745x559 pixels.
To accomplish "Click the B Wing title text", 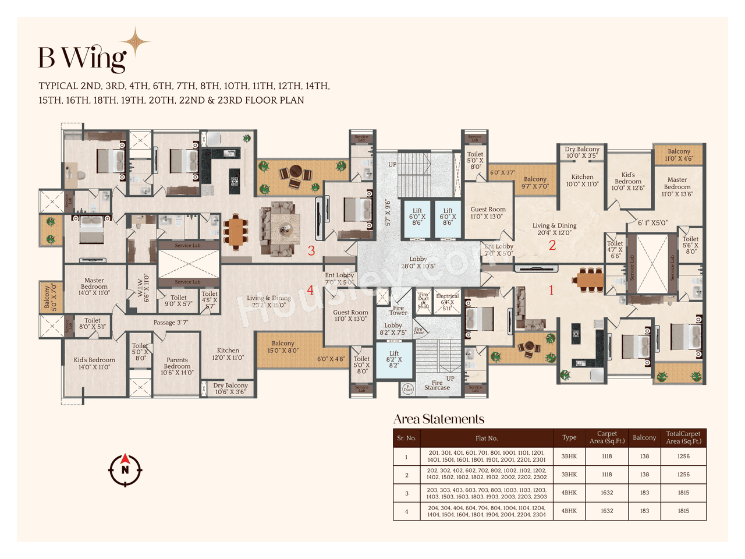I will coord(82,57).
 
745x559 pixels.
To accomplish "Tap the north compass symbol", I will coord(125,469).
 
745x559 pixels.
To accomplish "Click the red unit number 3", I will coord(311,251).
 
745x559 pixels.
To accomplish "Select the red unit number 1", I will coord(551,289).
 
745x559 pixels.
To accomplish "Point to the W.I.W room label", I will coord(143,288).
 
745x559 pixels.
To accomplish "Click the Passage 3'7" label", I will coord(171,323).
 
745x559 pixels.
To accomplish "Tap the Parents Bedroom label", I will coord(177,366).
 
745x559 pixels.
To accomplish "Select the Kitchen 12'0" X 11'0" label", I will coord(228,354).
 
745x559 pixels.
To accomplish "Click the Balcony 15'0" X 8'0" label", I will coord(283,347).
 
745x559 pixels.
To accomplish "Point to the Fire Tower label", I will coord(399,310).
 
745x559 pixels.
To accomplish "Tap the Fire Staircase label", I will coord(437,385).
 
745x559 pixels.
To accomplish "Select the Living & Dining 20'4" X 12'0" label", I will coord(555,229).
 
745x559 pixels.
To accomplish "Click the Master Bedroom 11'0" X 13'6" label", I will coord(677,187).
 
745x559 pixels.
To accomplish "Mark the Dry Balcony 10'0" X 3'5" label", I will coord(582,152).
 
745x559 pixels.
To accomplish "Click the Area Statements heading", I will coord(439,419).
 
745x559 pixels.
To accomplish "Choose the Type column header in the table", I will coord(569,438).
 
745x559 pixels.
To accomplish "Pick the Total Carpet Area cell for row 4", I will coord(683,511).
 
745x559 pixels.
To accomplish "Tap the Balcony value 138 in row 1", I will coord(644,457).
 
